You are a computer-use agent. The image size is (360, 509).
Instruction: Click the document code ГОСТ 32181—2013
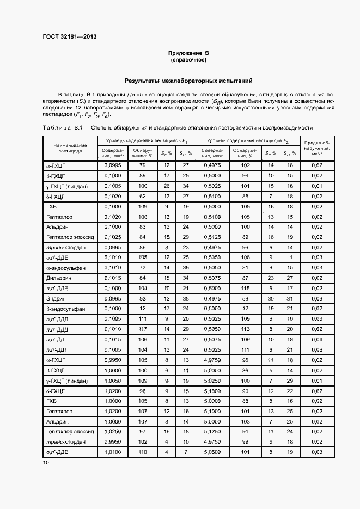(70, 37)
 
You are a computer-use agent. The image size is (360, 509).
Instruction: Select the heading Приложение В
(188, 53)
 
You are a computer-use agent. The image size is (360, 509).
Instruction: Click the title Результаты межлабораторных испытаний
(188, 81)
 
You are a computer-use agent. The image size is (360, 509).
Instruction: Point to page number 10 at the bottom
(46, 462)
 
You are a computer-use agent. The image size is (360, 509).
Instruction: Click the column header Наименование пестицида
(70, 148)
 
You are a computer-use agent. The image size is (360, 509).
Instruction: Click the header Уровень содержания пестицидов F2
(248, 140)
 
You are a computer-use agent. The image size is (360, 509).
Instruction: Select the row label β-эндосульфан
(65, 309)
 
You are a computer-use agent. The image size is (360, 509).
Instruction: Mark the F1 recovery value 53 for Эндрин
(143, 298)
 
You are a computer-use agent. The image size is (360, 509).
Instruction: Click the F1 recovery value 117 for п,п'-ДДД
(143, 329)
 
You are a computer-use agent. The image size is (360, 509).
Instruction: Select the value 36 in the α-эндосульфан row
(185, 268)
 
